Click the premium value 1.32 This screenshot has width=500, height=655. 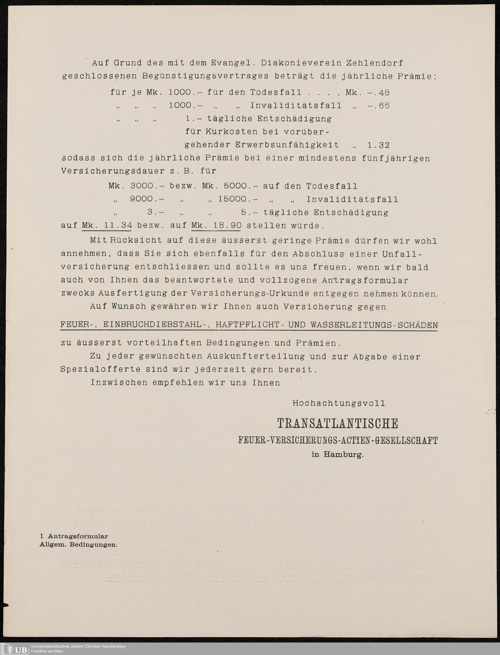(378, 145)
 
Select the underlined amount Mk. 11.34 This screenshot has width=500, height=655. (107, 225)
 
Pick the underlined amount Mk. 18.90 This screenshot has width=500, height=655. (216, 225)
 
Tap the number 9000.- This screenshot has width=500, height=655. (147, 199)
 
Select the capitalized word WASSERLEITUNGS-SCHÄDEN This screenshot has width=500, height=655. (374, 325)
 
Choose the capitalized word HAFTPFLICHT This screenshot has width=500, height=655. (247, 325)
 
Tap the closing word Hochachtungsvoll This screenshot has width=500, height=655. (339, 403)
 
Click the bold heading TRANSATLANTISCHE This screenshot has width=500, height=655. (337, 424)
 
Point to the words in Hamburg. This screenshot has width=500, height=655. (337, 455)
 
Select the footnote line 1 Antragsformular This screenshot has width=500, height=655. (74, 536)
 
